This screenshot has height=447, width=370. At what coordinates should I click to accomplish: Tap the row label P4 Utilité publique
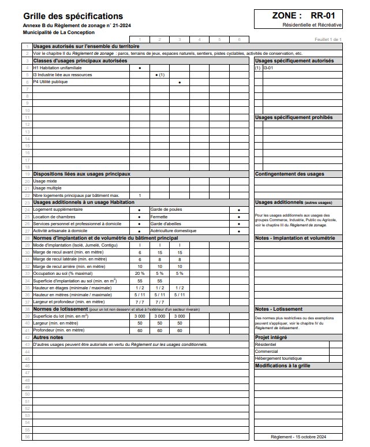(50, 82)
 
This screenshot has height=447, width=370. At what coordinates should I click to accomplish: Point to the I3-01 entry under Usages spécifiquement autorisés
(268, 68)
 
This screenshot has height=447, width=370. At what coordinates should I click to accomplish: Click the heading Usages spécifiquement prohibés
(293, 117)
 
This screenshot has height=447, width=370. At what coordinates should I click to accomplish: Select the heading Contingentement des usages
(289, 174)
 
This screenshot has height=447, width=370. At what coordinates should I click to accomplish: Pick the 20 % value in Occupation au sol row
(140, 273)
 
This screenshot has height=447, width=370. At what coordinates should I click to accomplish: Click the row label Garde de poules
(167, 209)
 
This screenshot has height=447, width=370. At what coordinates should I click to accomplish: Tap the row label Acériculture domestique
(173, 230)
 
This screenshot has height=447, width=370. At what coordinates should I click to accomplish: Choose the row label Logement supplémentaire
(58, 209)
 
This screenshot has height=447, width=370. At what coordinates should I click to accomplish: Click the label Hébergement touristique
(278, 359)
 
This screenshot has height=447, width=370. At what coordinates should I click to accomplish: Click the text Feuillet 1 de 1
(328, 39)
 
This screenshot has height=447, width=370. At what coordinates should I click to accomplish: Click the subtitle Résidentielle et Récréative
(312, 26)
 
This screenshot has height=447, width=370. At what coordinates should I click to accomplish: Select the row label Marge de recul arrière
(69, 266)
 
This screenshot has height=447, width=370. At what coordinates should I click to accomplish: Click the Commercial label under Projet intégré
(266, 351)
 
